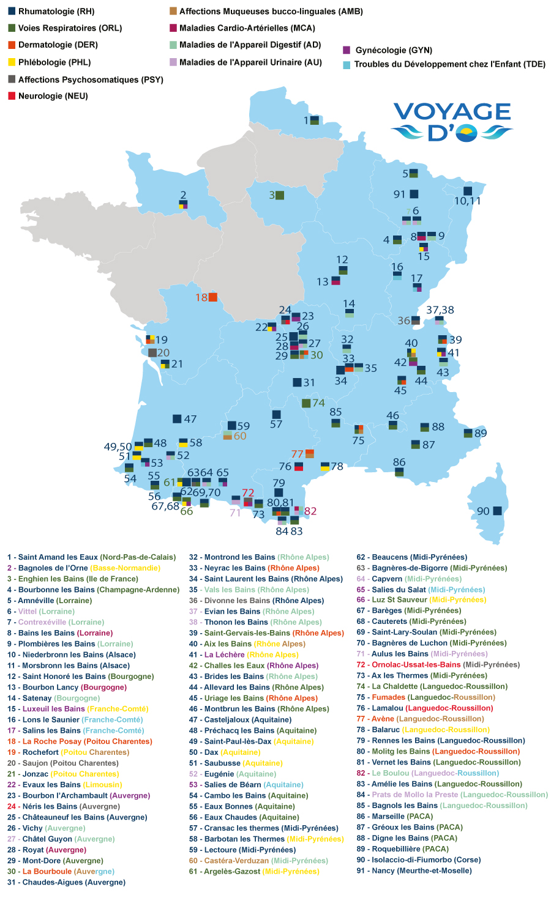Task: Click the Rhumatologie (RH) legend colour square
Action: click(x=12, y=11)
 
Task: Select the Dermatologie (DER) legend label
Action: click(x=58, y=45)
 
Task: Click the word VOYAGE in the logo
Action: click(x=452, y=111)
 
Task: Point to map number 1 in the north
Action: click(x=306, y=121)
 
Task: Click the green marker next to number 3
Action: click(x=280, y=195)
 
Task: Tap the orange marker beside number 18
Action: click(x=213, y=297)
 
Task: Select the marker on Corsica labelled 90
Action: click(x=497, y=511)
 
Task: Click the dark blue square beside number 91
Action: click(x=414, y=195)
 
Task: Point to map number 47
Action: click(x=190, y=419)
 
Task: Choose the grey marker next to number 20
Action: click(x=152, y=352)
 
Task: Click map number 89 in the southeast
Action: click(x=481, y=433)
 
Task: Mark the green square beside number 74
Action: click(x=306, y=403)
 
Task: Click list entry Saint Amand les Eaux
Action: click(x=91, y=557)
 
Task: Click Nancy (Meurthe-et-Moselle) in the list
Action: click(x=414, y=870)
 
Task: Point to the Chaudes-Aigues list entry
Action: click(x=66, y=882)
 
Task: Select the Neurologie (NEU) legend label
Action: click(x=53, y=96)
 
